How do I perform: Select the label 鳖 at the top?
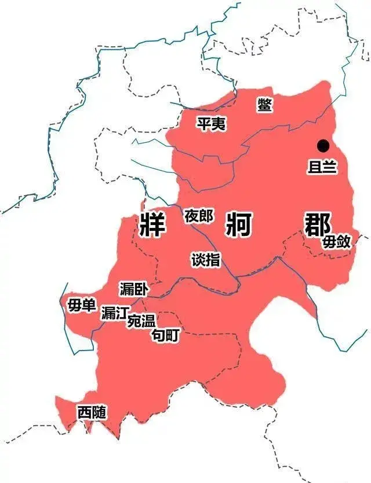(265, 104)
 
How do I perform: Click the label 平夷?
(211, 123)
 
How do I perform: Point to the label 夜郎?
(198, 216)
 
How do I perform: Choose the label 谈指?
(206, 260)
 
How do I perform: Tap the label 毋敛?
(337, 241)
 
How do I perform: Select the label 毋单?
(82, 305)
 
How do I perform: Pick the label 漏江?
(114, 313)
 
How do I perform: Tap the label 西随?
(92, 412)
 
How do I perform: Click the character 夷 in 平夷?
(219, 123)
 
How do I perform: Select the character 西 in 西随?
(85, 412)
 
